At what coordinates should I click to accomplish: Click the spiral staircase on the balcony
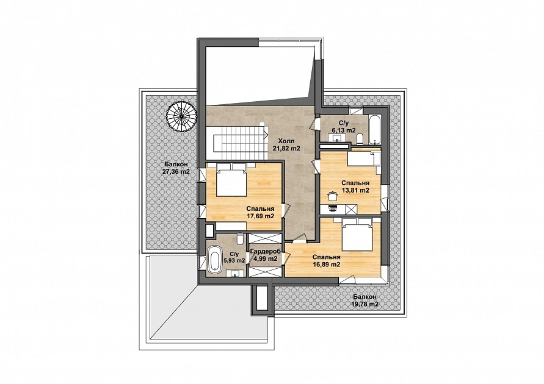(181, 117)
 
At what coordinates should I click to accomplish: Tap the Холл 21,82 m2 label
(286, 144)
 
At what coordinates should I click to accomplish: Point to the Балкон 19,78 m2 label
(364, 300)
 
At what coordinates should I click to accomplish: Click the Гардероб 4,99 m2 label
(266, 255)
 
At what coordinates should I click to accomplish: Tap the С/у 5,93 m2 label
(234, 257)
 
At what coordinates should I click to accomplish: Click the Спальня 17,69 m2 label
(261, 213)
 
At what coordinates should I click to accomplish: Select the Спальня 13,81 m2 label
(355, 187)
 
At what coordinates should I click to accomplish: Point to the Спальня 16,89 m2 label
(326, 261)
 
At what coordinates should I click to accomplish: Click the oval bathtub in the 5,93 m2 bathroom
(214, 258)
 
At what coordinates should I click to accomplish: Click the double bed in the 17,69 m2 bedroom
(232, 180)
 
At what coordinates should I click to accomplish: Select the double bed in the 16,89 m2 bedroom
(358, 235)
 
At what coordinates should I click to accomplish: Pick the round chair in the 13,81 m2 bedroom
(333, 196)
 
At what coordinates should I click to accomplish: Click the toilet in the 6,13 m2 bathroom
(360, 138)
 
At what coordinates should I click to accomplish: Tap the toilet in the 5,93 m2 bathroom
(240, 239)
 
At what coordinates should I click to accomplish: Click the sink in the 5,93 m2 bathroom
(235, 274)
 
